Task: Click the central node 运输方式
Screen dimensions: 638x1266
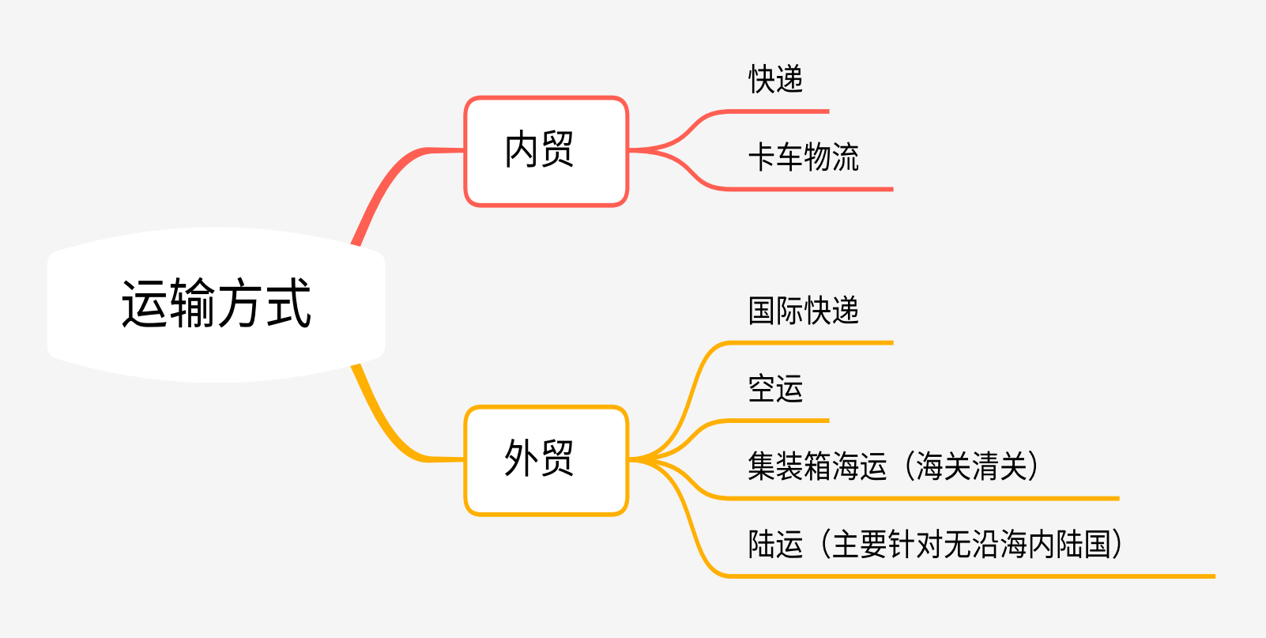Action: click(x=216, y=304)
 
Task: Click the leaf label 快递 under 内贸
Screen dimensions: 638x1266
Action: click(x=776, y=80)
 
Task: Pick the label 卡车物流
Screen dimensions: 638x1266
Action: click(x=803, y=157)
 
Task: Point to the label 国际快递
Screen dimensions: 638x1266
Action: click(x=803, y=311)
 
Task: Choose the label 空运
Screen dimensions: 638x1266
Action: click(x=776, y=389)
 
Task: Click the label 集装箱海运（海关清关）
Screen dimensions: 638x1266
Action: click(x=893, y=466)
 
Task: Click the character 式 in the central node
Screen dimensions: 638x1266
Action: click(x=288, y=304)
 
